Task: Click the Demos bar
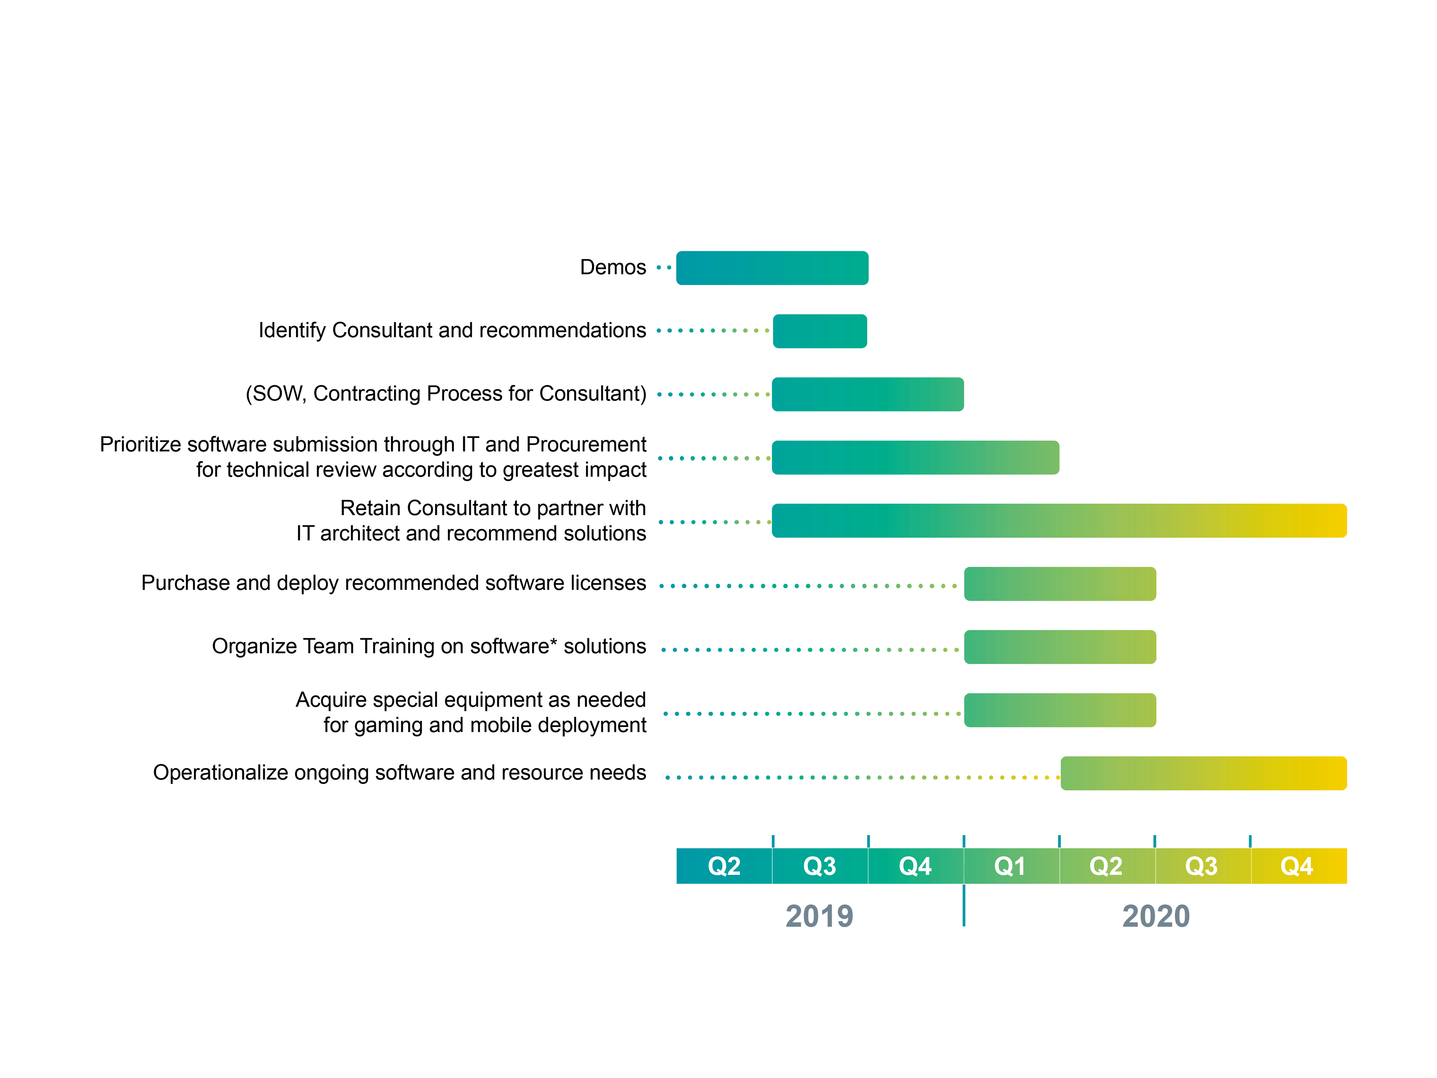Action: click(772, 268)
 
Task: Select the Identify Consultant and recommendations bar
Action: click(820, 331)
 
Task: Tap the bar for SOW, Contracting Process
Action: click(867, 395)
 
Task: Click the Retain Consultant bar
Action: click(1059, 521)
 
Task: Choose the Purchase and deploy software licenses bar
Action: click(1059, 584)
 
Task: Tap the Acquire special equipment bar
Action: click(1059, 710)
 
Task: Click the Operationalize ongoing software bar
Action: click(1203, 773)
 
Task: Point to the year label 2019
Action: click(819, 916)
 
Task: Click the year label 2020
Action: click(1156, 916)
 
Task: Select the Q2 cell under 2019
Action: click(724, 866)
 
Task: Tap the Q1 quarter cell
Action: click(1011, 866)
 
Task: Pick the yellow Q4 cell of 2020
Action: click(1298, 866)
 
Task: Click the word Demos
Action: click(613, 267)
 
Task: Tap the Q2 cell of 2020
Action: click(1106, 866)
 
